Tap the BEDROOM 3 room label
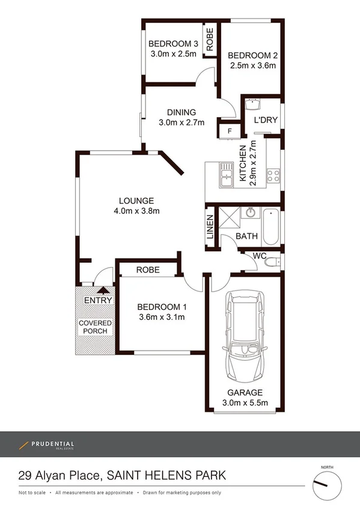pos(173,44)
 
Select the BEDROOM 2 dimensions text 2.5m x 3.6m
pos(252,66)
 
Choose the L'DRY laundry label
pos(266,120)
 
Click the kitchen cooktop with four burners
pos(273,176)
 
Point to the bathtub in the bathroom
pos(270,227)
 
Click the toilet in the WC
pos(272,263)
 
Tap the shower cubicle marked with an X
pos(228,217)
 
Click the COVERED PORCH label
pos(95,327)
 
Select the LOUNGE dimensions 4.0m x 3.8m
pos(136,210)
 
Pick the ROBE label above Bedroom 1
pos(148,270)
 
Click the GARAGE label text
pos(245,393)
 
